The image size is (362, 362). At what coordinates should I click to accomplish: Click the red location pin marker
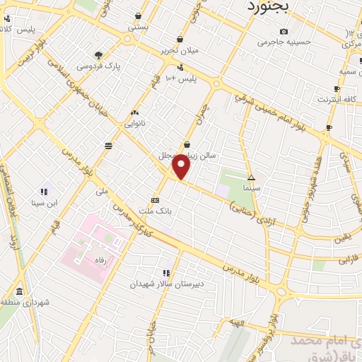[x=182, y=167]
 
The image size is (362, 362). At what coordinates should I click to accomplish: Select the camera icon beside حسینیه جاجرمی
[x=284, y=31]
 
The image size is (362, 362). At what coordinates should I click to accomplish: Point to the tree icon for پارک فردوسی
[x=98, y=54]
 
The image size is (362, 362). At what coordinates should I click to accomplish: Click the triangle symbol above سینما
[x=252, y=177]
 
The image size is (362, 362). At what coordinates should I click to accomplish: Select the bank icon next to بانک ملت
[x=155, y=199]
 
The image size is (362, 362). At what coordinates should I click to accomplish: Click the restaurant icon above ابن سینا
[x=44, y=191]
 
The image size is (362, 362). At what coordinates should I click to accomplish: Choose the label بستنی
[x=138, y=27]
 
